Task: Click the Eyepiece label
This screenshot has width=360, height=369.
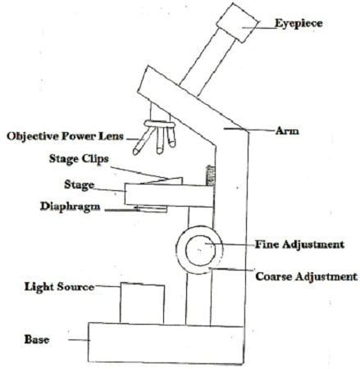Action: click(x=298, y=24)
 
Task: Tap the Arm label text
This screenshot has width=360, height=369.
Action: click(x=287, y=131)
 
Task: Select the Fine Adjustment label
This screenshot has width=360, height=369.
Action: click(x=299, y=244)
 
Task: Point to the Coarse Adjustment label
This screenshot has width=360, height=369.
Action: click(x=307, y=276)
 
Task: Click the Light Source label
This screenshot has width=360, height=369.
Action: click(x=59, y=287)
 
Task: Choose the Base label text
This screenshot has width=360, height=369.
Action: click(x=37, y=339)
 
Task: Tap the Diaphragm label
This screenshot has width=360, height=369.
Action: click(x=71, y=207)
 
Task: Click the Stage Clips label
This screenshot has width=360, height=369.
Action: click(x=79, y=159)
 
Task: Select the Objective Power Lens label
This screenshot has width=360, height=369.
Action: click(x=65, y=136)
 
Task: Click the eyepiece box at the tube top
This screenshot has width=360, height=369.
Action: click(x=237, y=22)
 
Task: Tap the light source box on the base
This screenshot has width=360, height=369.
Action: click(x=142, y=303)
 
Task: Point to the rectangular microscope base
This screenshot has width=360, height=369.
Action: click(x=166, y=344)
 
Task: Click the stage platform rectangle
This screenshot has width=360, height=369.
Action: click(x=169, y=195)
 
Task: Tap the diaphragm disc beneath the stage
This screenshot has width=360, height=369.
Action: click(x=152, y=209)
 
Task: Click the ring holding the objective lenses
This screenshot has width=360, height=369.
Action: click(x=160, y=125)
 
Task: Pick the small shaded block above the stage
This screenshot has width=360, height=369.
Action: click(x=210, y=175)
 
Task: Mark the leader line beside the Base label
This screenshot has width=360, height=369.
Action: click(x=79, y=340)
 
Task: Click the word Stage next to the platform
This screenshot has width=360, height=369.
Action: click(x=80, y=184)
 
